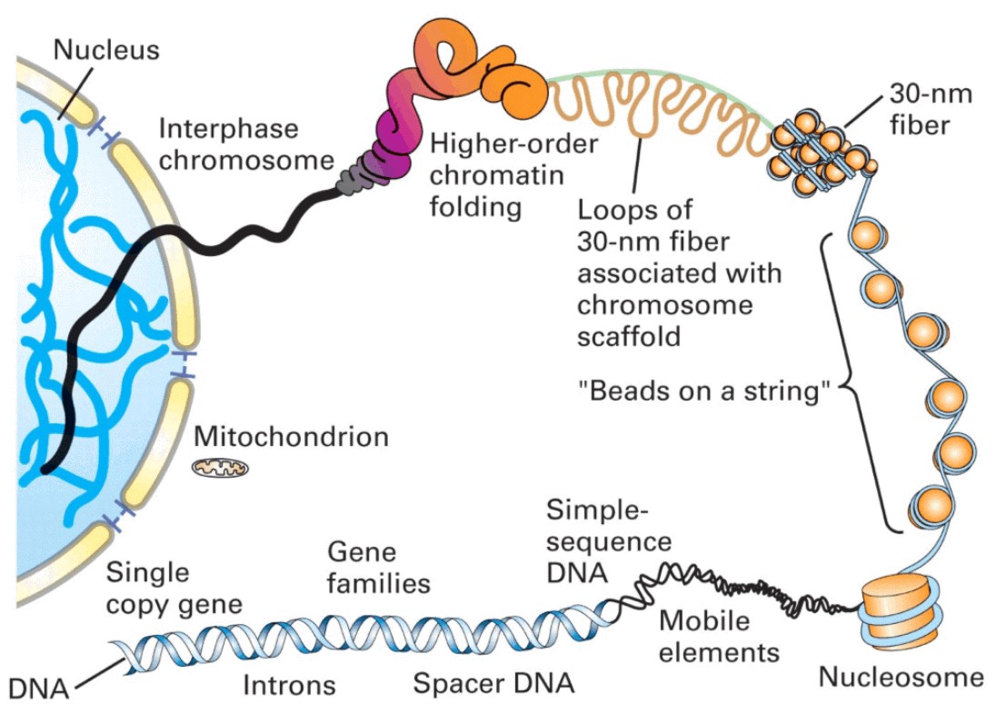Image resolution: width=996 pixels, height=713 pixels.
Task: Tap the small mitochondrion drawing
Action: pos(217,469)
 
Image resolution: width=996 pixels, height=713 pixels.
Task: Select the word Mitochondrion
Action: pos(291,437)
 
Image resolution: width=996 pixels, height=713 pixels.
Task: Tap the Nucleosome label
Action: pos(901,677)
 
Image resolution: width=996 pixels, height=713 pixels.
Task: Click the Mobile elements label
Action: pos(719,636)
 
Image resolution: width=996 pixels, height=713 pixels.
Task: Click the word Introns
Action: pos(289,684)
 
